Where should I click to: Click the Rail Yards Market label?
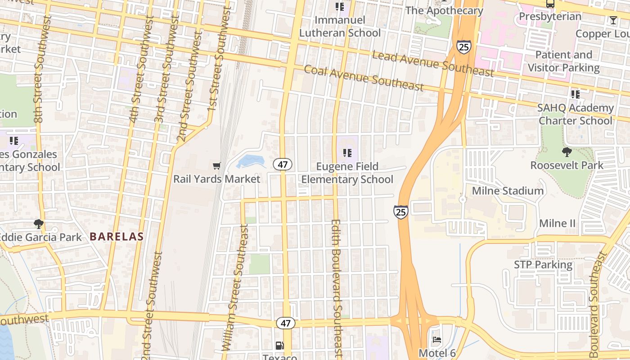(x=216, y=179)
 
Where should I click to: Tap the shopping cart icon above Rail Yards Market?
(x=216, y=166)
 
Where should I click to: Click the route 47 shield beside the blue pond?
(x=283, y=164)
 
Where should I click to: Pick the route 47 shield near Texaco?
(x=286, y=323)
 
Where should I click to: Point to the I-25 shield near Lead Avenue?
(x=463, y=47)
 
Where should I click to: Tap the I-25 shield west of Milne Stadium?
(x=400, y=212)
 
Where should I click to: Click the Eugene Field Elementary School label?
(x=347, y=173)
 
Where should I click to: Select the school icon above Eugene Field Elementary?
(x=347, y=153)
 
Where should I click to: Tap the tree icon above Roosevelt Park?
(x=567, y=152)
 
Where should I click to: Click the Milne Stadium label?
(x=508, y=191)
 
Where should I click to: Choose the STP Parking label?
(x=543, y=265)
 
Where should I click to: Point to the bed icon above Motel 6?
(x=436, y=340)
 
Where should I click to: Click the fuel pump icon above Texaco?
(x=279, y=346)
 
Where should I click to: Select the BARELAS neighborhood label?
(x=117, y=236)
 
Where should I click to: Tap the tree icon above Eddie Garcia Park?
(x=39, y=224)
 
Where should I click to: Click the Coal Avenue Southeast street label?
(x=364, y=78)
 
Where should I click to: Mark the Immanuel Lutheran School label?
(x=340, y=27)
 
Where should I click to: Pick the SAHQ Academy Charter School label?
(x=576, y=114)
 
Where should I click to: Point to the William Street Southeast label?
(x=234, y=288)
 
